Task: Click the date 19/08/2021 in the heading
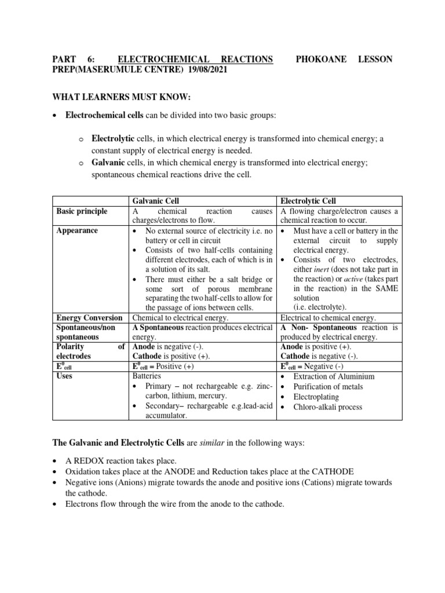pos(206,69)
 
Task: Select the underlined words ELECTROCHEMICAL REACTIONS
pos(195,59)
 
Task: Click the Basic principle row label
pos(82,211)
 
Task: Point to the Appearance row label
pos(77,230)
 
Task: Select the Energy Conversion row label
pos(89,318)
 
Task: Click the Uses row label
pos(65,376)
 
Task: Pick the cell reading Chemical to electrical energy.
pos(181,318)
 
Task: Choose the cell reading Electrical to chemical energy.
pos(328,318)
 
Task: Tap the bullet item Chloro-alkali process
pos(327,407)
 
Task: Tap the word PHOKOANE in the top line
pos(318,59)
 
